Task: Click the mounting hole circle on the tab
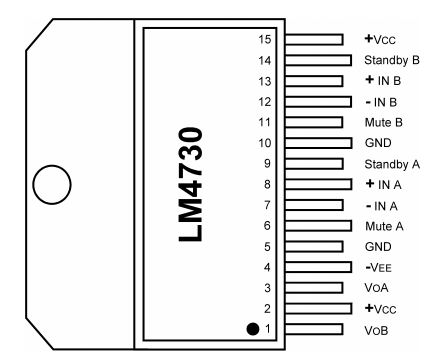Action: [x=52, y=166]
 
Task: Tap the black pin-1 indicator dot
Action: [x=253, y=329]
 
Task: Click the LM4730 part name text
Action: [x=191, y=184]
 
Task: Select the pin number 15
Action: [x=265, y=39]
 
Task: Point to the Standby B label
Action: [x=392, y=61]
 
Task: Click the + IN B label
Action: [x=383, y=81]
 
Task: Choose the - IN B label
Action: [x=381, y=102]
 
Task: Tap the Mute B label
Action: [x=384, y=122]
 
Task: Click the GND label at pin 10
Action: [x=378, y=143]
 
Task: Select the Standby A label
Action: [x=392, y=164]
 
